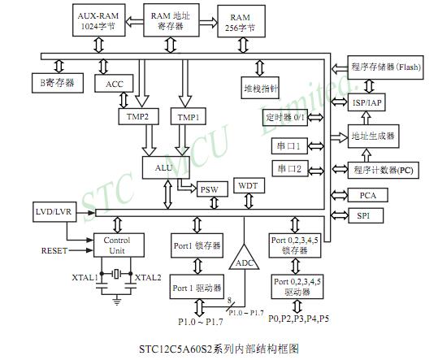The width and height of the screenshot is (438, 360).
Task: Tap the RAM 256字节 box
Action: [x=241, y=22]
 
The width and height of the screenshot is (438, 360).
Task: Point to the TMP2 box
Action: [x=139, y=117]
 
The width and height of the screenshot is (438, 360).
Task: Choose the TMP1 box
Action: [x=189, y=117]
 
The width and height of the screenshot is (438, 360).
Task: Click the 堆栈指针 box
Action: [x=262, y=87]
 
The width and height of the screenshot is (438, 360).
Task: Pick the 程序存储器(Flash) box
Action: [x=386, y=67]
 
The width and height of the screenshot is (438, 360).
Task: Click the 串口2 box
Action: [x=288, y=169]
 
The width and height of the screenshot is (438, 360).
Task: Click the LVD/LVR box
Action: [x=54, y=211]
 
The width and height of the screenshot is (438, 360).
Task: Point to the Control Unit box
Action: [x=118, y=245]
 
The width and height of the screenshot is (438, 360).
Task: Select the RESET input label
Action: [x=54, y=251]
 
